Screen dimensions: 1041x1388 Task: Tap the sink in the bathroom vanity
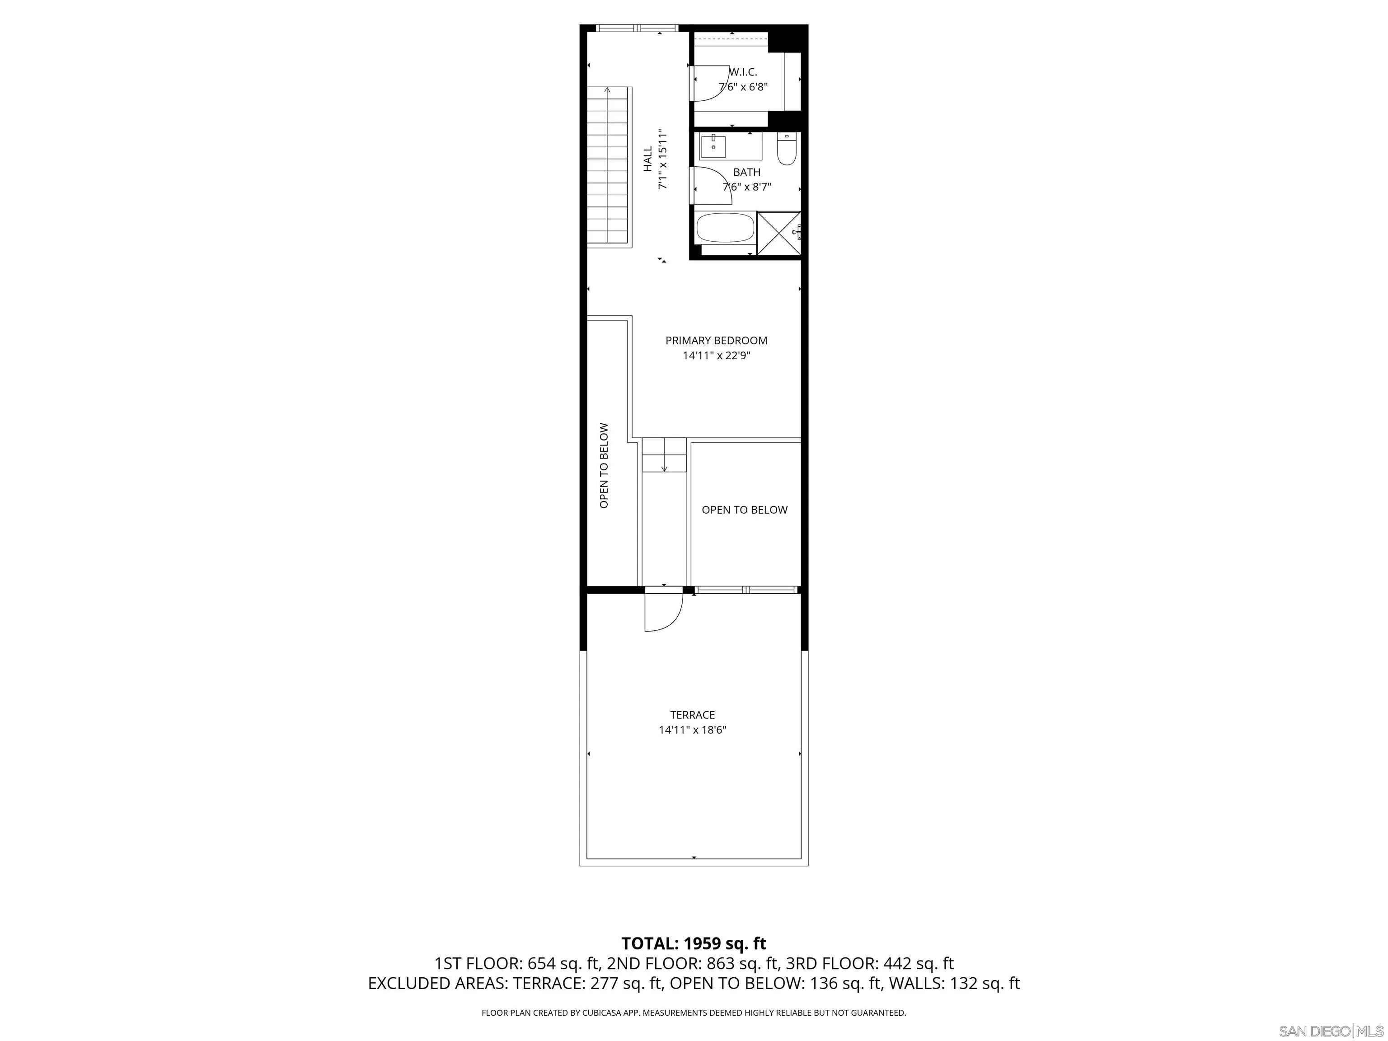pos(713,147)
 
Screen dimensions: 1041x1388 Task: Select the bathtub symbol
pos(725,228)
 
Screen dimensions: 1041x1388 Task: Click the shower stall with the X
pos(778,234)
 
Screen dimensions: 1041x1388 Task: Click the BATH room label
pos(747,172)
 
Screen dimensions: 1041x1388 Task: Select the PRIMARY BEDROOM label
pos(716,341)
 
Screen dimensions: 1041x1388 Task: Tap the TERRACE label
pos(692,715)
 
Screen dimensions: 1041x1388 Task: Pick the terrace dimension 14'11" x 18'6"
pos(692,730)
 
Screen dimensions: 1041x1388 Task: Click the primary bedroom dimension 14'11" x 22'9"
pos(716,356)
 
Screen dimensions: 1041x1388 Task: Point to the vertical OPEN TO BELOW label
pos(604,465)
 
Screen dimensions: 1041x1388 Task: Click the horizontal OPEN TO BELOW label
pos(744,510)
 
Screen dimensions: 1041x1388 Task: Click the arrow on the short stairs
pos(664,464)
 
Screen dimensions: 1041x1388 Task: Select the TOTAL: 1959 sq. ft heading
pos(694,944)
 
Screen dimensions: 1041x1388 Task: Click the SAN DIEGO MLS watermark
pos(1330,1032)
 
